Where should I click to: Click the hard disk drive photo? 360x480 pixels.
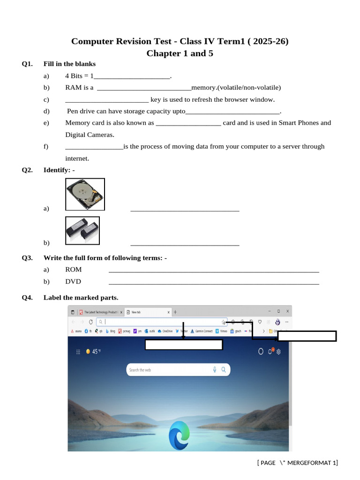tap(85, 194)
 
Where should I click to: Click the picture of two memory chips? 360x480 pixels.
tap(82, 231)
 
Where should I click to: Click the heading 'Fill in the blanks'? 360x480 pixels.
tap(69, 64)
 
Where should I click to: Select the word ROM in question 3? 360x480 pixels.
tap(74, 270)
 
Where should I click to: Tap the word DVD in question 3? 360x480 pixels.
tap(73, 282)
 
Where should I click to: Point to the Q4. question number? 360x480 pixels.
tap(27, 298)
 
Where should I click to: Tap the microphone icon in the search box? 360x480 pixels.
tap(215, 370)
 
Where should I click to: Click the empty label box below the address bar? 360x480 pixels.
tap(183, 345)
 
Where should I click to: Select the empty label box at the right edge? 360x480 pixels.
tap(307, 336)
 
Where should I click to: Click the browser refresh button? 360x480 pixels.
tap(90, 322)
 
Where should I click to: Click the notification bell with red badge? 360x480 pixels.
tap(270, 351)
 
